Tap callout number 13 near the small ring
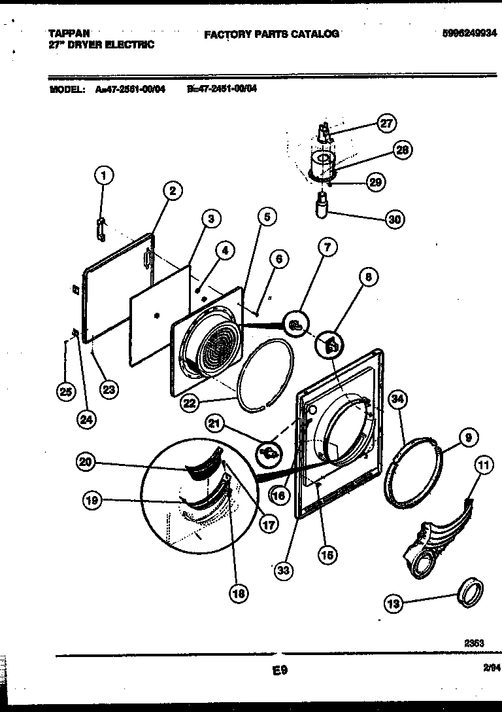click(x=393, y=604)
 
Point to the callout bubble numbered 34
click(x=397, y=399)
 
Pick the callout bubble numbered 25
click(x=64, y=392)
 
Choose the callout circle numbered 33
click(x=283, y=571)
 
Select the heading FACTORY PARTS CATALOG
click(x=271, y=34)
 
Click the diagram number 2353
click(x=474, y=643)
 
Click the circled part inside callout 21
click(x=269, y=451)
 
